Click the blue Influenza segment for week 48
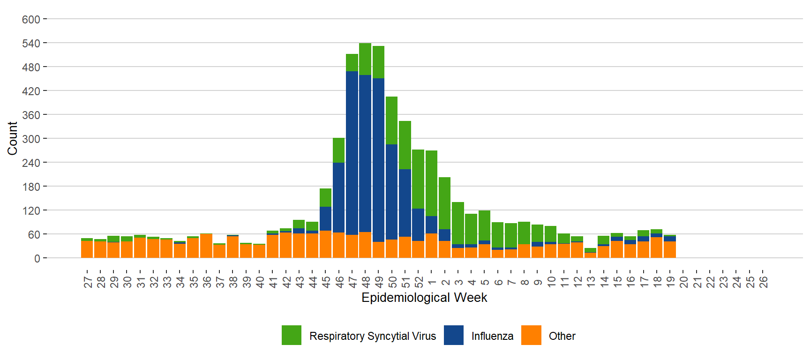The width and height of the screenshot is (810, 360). [365, 153]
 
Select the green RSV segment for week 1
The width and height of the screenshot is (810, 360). [432, 183]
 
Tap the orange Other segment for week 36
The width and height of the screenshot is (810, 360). [206, 246]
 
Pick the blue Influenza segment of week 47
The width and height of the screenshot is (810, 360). [352, 153]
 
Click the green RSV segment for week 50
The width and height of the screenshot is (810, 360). [392, 120]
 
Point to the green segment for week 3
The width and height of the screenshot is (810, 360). [458, 223]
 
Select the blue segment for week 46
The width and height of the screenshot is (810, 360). [339, 197]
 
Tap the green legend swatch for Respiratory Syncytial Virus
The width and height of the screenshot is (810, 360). [292, 336]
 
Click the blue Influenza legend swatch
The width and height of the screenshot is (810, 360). [453, 336]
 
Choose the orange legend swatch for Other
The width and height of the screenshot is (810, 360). [531, 336]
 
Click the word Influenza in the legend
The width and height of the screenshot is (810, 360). [492, 336]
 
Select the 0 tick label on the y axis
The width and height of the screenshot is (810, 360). [37, 259]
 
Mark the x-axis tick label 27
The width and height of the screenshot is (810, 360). [88, 282]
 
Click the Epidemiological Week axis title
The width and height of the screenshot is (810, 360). [424, 298]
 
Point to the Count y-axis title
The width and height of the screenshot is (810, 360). [12, 138]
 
